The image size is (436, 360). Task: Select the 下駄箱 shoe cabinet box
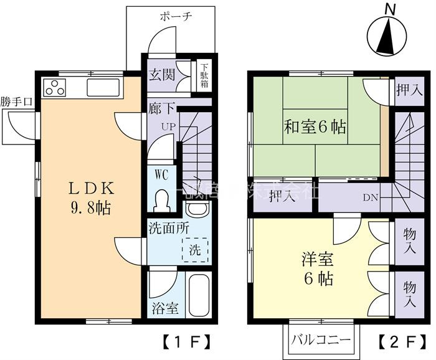pyautogui.click(x=204, y=74)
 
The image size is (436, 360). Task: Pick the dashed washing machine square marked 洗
pyautogui.click(x=195, y=252)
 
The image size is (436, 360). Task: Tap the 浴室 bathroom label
pyautogui.click(x=164, y=308)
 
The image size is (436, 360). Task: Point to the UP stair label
pyautogui.click(x=168, y=127)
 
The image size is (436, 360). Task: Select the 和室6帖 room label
pyautogui.click(x=315, y=128)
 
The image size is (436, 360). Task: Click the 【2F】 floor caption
pyautogui.click(x=397, y=341)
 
